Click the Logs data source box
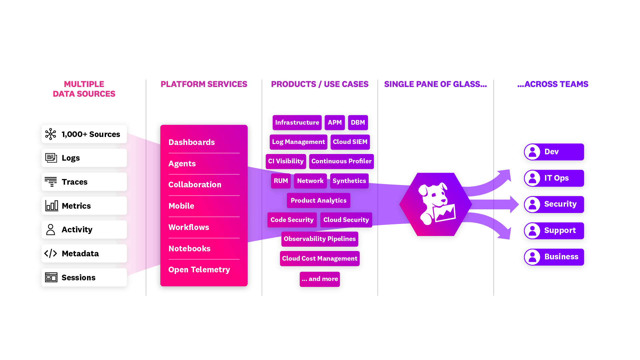coord(84,158)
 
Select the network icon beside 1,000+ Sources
coord(51,134)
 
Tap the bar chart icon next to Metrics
coord(52,206)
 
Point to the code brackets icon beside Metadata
coord(51,254)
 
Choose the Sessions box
coord(84,277)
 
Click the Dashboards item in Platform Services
coord(192,142)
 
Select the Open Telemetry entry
coord(199,270)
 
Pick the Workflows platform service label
coord(189,227)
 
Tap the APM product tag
coord(335,123)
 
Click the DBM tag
coord(358,123)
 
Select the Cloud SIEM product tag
coord(350,142)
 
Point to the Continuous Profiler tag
coord(341,161)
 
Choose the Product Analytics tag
coord(318,201)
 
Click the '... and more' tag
coord(320,279)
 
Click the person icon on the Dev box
coord(532,152)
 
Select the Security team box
coord(554,204)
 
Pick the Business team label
coord(561,257)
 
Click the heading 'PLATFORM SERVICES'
coord(204,84)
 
